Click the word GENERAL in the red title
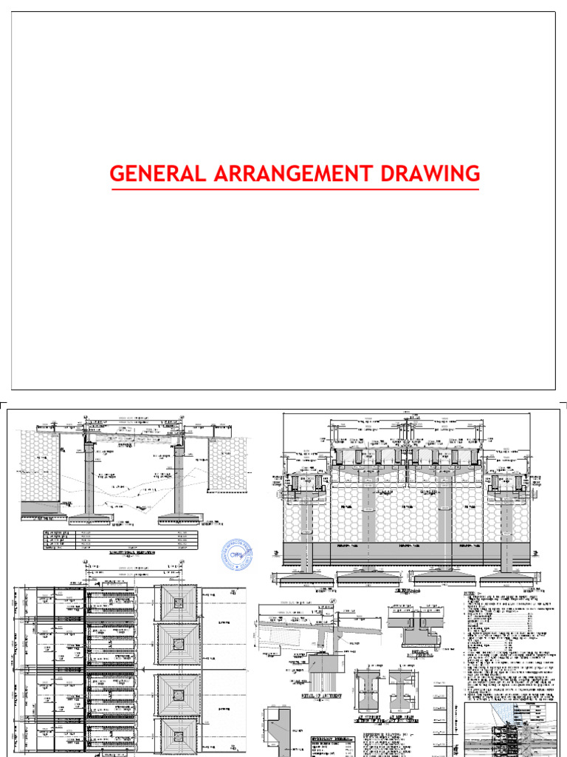(154, 174)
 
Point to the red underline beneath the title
(295, 189)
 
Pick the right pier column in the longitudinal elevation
(177, 481)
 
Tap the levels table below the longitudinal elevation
(120, 541)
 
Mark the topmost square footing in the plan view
(177, 604)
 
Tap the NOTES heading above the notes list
(470, 594)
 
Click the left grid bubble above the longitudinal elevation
(87, 418)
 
